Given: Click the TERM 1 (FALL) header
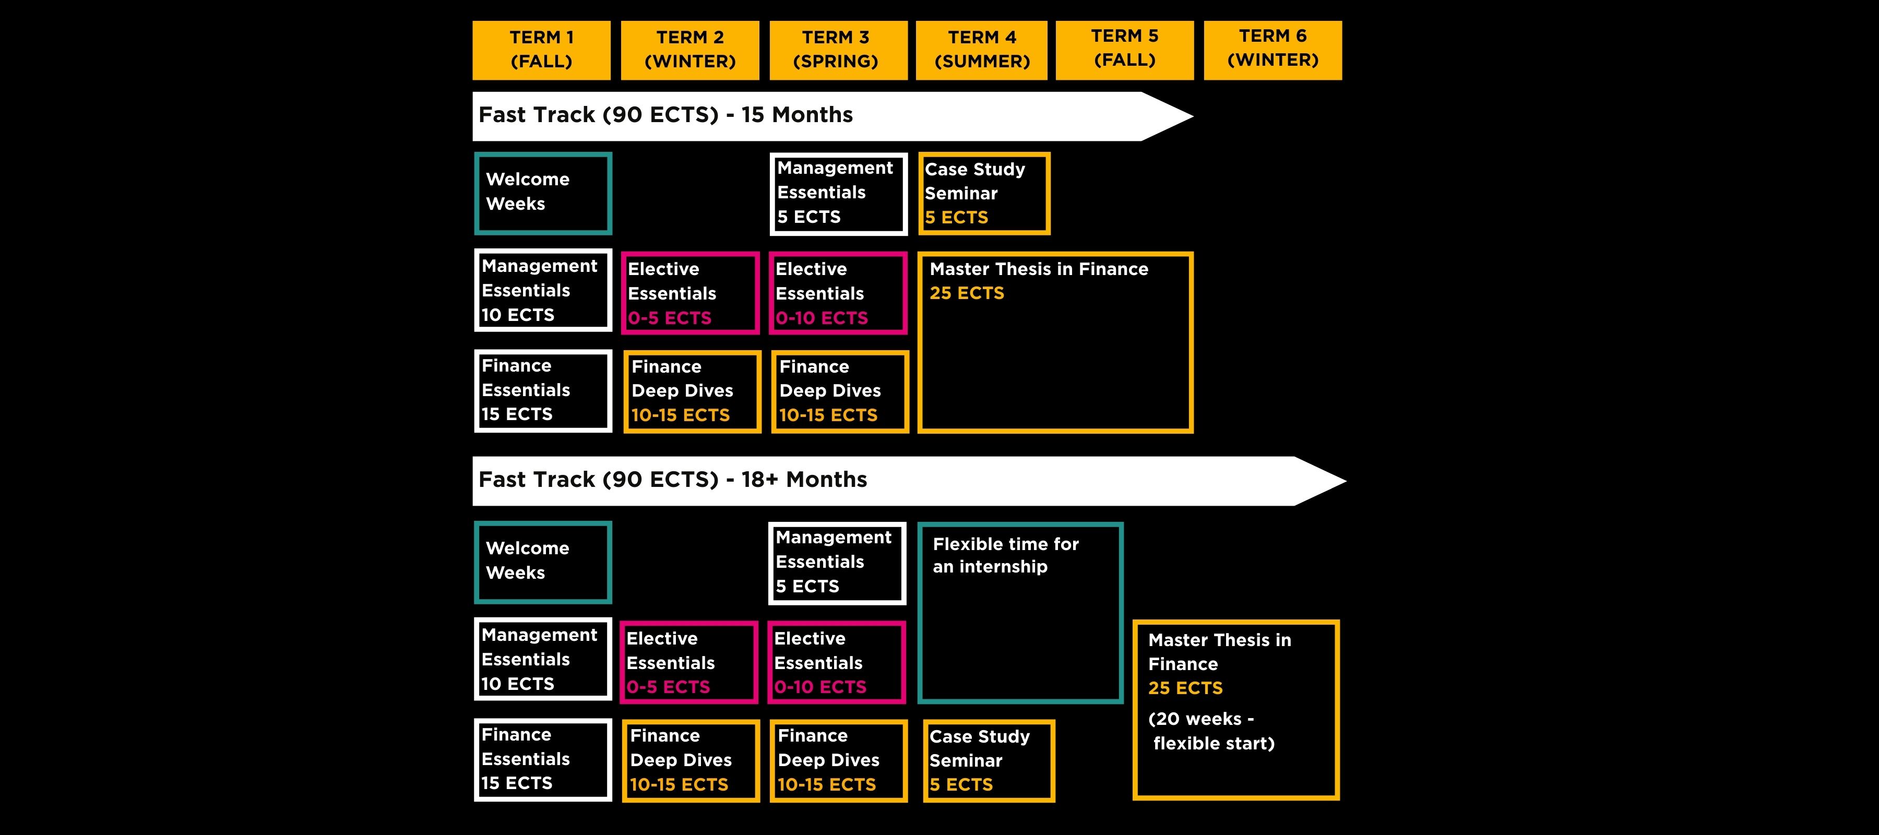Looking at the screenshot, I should pos(541,50).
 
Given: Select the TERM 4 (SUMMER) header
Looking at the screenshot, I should pos(981,50).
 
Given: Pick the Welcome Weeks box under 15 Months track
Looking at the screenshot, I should pos(543,193).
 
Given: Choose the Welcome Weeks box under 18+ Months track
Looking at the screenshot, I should pos(543,562).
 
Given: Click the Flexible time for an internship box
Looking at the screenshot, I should pos(1020,613).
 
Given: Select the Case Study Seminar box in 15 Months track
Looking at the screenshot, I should pos(983,193).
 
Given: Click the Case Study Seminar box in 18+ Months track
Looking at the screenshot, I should pos(989,760).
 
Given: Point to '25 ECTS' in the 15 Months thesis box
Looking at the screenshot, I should pos(967,293).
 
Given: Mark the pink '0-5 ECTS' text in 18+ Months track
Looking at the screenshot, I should pos(668,687).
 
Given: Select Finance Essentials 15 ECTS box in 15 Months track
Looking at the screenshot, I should pos(543,391).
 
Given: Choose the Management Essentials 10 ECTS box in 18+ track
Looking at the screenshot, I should pos(543,659).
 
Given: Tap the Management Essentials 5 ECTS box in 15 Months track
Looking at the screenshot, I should pos(838,193).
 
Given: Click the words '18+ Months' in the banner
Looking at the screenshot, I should pos(804,480).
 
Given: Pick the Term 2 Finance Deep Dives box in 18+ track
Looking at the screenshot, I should pos(690,760).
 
